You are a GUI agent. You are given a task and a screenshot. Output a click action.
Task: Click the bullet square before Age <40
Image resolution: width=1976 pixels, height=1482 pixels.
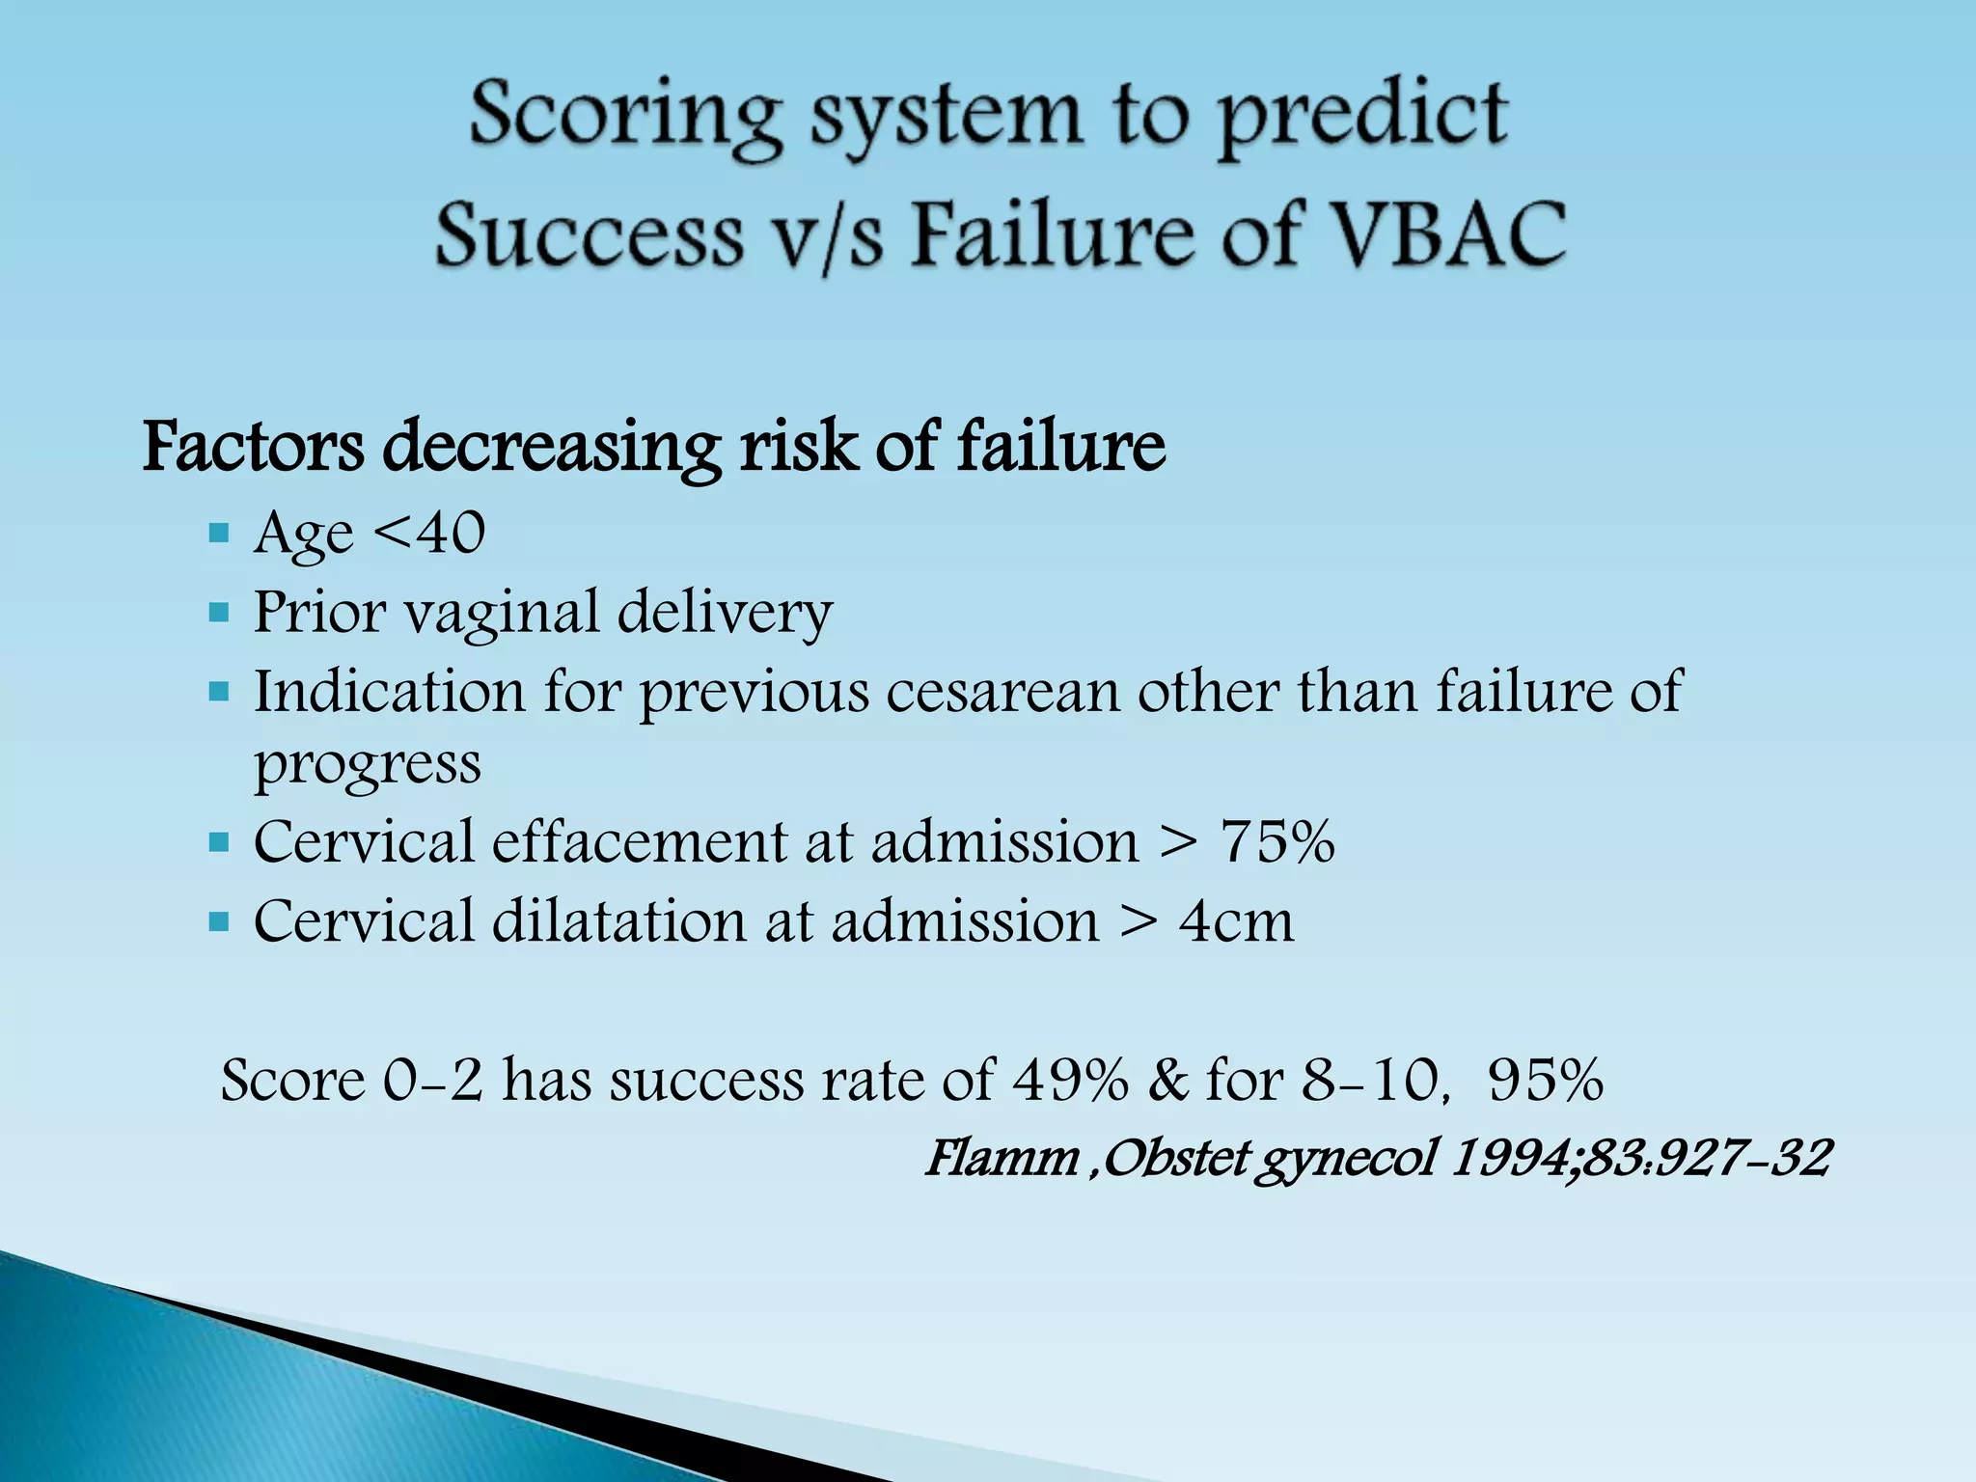click(x=219, y=533)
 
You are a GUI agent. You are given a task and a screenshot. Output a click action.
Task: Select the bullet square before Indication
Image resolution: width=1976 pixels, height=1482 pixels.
click(x=219, y=692)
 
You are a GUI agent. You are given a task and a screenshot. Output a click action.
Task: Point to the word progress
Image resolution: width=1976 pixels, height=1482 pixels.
click(x=367, y=764)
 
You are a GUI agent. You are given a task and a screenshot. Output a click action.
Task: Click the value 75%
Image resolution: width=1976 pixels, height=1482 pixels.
click(x=1277, y=841)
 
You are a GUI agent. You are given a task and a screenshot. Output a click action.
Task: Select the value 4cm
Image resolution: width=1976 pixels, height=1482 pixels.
click(x=1236, y=920)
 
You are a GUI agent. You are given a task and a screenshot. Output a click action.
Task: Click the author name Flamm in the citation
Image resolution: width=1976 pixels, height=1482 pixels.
click(x=1002, y=1157)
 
